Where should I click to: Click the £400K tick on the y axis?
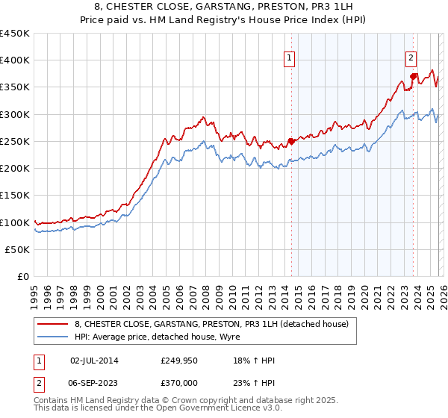(15, 60)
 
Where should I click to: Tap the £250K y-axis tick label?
(15, 141)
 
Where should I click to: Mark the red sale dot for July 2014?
(291, 141)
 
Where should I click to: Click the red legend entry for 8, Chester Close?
(211, 324)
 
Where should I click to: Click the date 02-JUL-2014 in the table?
(94, 361)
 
